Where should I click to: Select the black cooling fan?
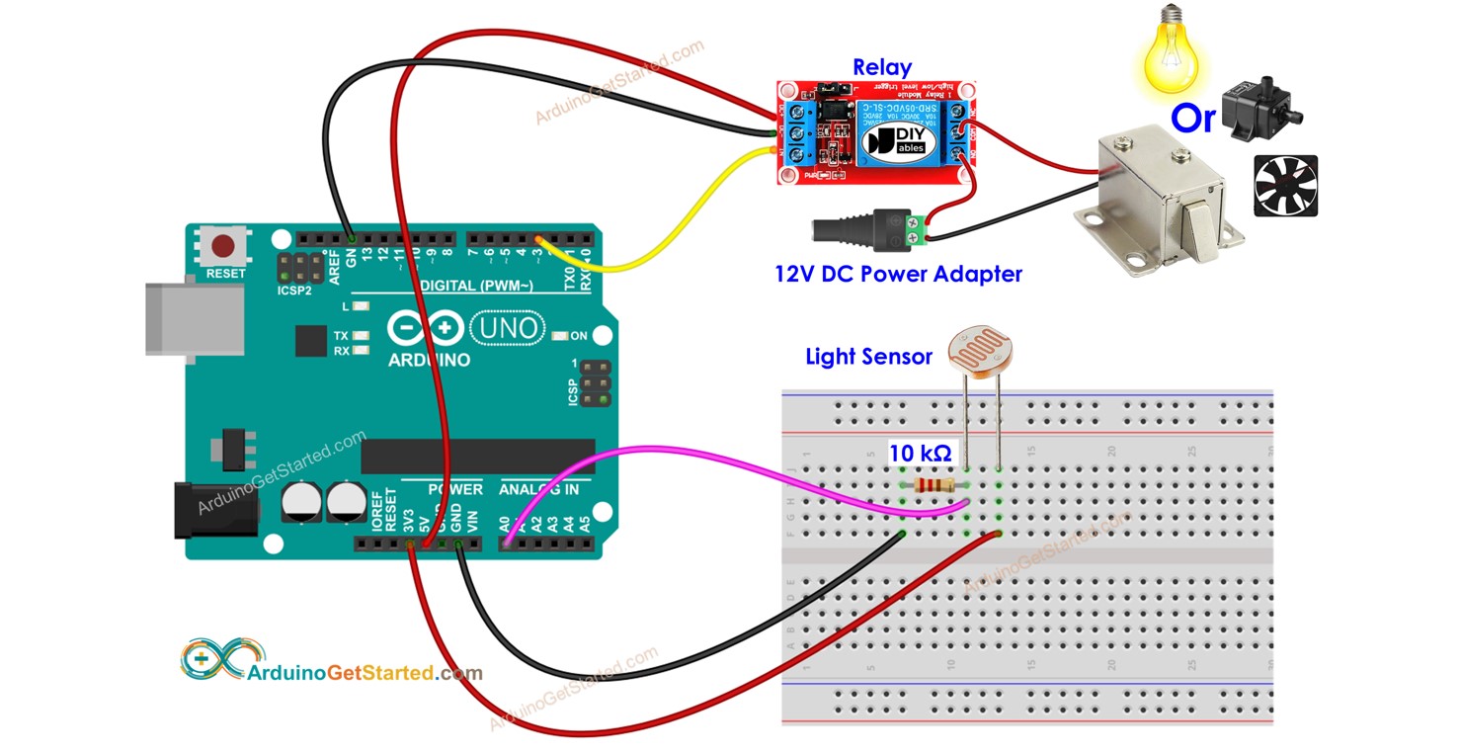(x=1285, y=186)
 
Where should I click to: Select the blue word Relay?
(x=882, y=67)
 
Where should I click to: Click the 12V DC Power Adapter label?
(x=898, y=274)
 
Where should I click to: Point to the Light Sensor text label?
(x=868, y=357)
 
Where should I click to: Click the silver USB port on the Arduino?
(x=195, y=318)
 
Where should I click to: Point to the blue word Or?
(x=1192, y=119)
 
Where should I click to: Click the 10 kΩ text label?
(x=920, y=454)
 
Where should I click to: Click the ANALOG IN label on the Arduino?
(x=538, y=489)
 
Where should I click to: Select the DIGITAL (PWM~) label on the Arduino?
(x=477, y=286)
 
